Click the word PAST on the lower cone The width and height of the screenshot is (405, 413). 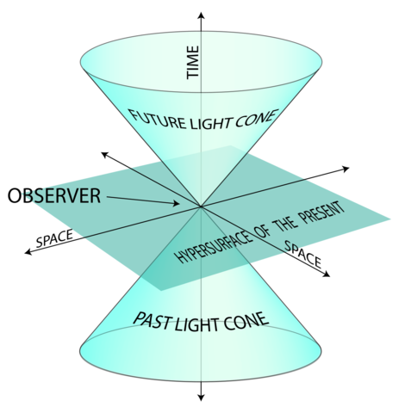[153, 320]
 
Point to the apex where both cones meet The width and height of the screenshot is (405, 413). [201, 206]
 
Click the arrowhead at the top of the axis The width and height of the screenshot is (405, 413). [201, 14]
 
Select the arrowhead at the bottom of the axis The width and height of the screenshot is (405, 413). [201, 397]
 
